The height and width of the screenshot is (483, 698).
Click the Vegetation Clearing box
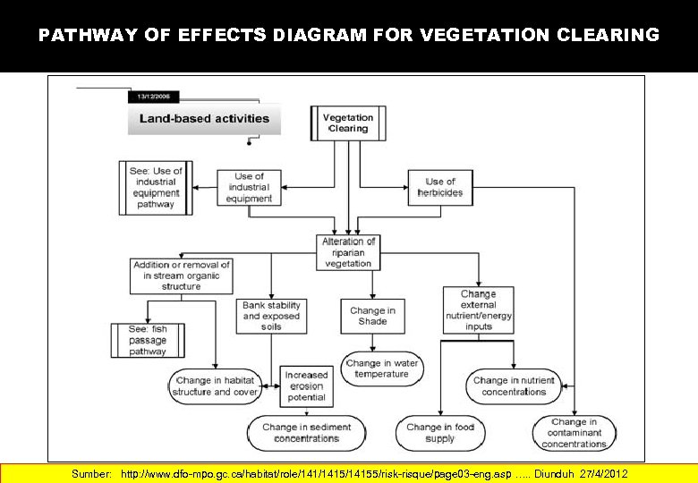[348, 123]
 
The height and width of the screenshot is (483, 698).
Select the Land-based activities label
[204, 118]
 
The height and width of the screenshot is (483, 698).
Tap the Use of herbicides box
[440, 188]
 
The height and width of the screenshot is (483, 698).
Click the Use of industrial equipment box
[249, 188]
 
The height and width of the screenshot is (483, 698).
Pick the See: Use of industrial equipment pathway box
[156, 188]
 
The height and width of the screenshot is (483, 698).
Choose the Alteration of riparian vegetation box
[349, 252]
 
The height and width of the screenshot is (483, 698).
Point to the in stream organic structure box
[182, 275]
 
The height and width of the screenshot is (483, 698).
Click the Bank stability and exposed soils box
[272, 316]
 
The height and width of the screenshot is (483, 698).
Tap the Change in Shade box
[372, 316]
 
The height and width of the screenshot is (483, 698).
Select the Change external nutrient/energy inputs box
[479, 310]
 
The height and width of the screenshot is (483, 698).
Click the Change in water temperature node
[382, 369]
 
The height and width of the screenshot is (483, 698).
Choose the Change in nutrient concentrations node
[514, 386]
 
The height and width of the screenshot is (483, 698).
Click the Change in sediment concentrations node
[307, 433]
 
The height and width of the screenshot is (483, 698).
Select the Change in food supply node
[440, 433]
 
